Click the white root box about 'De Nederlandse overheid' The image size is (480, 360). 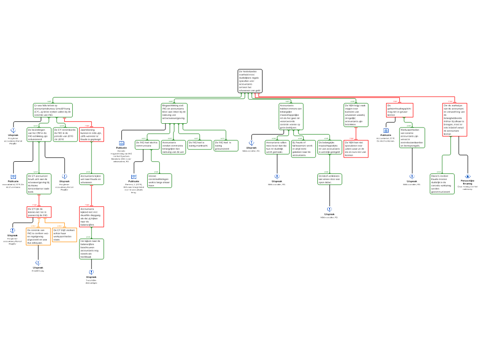[x=250, y=81]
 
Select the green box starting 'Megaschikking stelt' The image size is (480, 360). [x=174, y=113]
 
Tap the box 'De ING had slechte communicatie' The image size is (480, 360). [x=147, y=145]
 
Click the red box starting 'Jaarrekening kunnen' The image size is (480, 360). [x=91, y=135]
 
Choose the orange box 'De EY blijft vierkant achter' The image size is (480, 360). [x=64, y=234]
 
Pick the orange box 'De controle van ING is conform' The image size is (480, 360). [x=38, y=236]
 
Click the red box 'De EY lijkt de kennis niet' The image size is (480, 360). [x=39, y=212]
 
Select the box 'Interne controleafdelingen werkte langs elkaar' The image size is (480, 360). [x=159, y=180]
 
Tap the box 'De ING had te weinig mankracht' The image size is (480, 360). [x=200, y=144]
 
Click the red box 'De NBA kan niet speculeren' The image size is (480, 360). [x=356, y=149]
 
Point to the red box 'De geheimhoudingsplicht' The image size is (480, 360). [x=400, y=110]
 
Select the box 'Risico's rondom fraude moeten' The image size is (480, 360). [x=442, y=184]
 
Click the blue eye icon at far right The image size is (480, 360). [x=467, y=176]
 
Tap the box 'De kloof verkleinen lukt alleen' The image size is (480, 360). [x=330, y=179]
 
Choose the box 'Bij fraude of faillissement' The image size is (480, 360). [x=303, y=149]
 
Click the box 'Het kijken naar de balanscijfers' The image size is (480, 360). [x=91, y=249]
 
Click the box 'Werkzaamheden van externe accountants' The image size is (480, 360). [x=412, y=138]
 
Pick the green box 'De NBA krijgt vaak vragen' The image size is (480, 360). [x=356, y=115]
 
